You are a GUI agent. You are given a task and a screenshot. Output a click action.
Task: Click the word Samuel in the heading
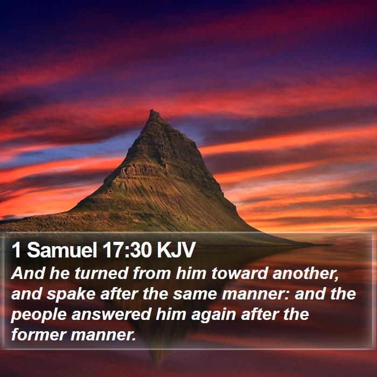61,250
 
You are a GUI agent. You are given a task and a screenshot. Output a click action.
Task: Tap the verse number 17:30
127,250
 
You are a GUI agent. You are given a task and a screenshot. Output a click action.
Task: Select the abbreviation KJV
176,250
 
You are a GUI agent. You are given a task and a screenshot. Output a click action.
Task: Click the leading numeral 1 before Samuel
16,250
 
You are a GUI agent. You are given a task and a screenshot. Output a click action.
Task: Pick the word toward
239,274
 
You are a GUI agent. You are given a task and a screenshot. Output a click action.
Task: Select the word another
305,274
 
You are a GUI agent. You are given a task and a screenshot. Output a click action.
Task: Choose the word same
195,295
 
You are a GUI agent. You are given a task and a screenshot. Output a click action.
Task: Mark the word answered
111,315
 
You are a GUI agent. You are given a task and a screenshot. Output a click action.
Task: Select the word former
38,335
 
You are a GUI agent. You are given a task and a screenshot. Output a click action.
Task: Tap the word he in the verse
60,274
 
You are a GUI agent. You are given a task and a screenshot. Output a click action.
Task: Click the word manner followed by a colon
256,295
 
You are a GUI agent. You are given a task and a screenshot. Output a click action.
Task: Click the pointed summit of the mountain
152,110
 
